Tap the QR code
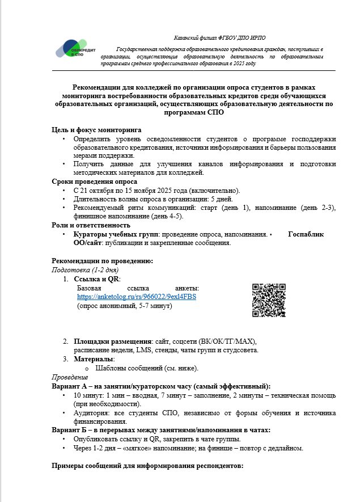pyautogui.click(x=268, y=300)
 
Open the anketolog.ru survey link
pyautogui.click(x=136, y=297)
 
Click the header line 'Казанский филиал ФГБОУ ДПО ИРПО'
pyautogui.click(x=218, y=37)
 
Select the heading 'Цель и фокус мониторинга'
pyautogui.click(x=96, y=130)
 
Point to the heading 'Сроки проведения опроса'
pyautogui.click(x=94, y=182)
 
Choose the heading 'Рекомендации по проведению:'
pyautogui.click(x=102, y=261)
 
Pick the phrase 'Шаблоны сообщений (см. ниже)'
pyautogui.click(x=147, y=368)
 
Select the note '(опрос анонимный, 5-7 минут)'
pyautogui.click(x=124, y=306)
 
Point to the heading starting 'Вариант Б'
pyautogui.click(x=157, y=430)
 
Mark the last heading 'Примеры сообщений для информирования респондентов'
pyautogui.click(x=147, y=466)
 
